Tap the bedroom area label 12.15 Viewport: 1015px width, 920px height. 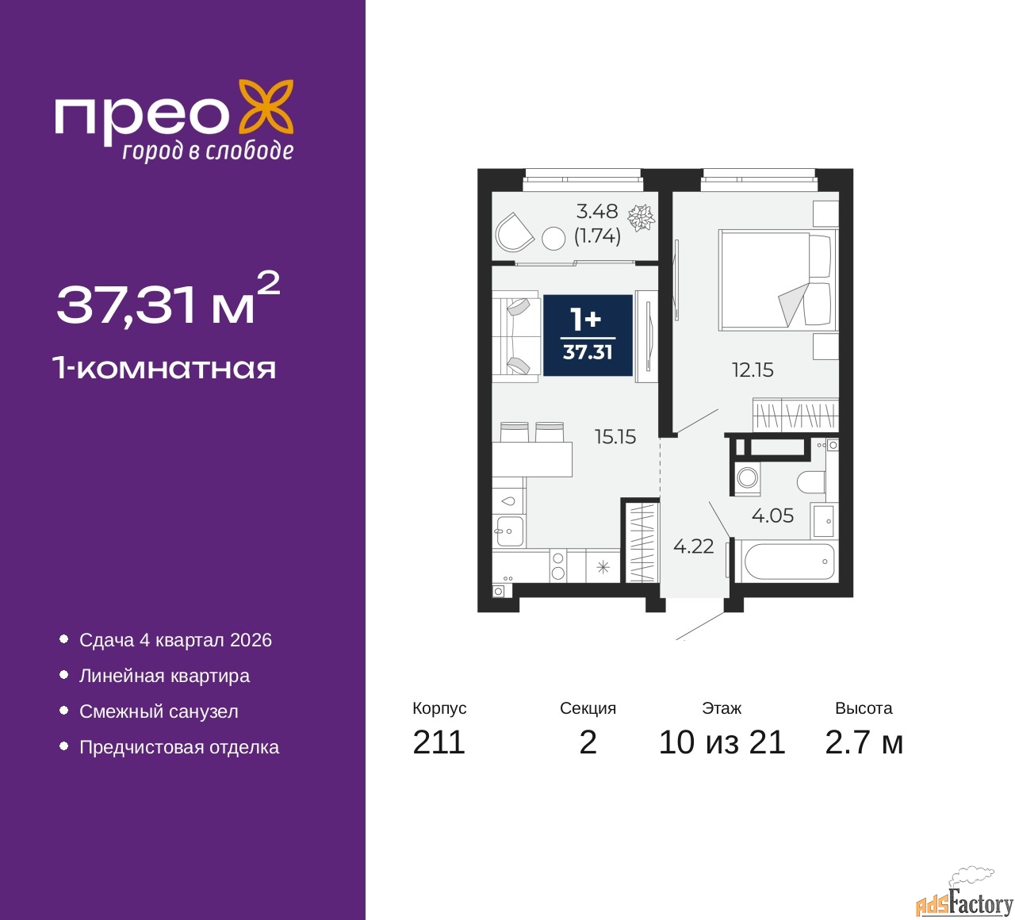pyautogui.click(x=752, y=370)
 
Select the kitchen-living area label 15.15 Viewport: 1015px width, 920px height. pyautogui.click(x=615, y=436)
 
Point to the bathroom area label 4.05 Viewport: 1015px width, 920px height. pyautogui.click(x=772, y=516)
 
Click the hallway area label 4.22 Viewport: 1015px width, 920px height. pyautogui.click(x=693, y=546)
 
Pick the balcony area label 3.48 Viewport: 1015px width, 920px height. pyautogui.click(x=596, y=211)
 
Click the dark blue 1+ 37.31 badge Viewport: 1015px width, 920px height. pyautogui.click(x=588, y=335)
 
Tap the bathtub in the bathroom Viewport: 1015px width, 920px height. pyautogui.click(x=789, y=562)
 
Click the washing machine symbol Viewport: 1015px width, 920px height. pyautogui.click(x=747, y=478)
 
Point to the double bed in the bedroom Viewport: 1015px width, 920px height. pyautogui.click(x=777, y=280)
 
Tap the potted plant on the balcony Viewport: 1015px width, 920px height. pyautogui.click(x=641, y=217)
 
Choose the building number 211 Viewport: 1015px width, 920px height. pyautogui.click(x=439, y=742)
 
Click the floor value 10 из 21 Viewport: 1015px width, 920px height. pyautogui.click(x=722, y=742)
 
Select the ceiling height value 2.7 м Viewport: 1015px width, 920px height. pyautogui.click(x=864, y=742)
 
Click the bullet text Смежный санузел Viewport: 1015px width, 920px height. pyautogui.click(x=159, y=711)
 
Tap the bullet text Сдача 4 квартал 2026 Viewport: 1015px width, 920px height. pyautogui.click(x=175, y=640)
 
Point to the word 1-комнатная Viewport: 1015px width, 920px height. pyautogui.click(x=164, y=368)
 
